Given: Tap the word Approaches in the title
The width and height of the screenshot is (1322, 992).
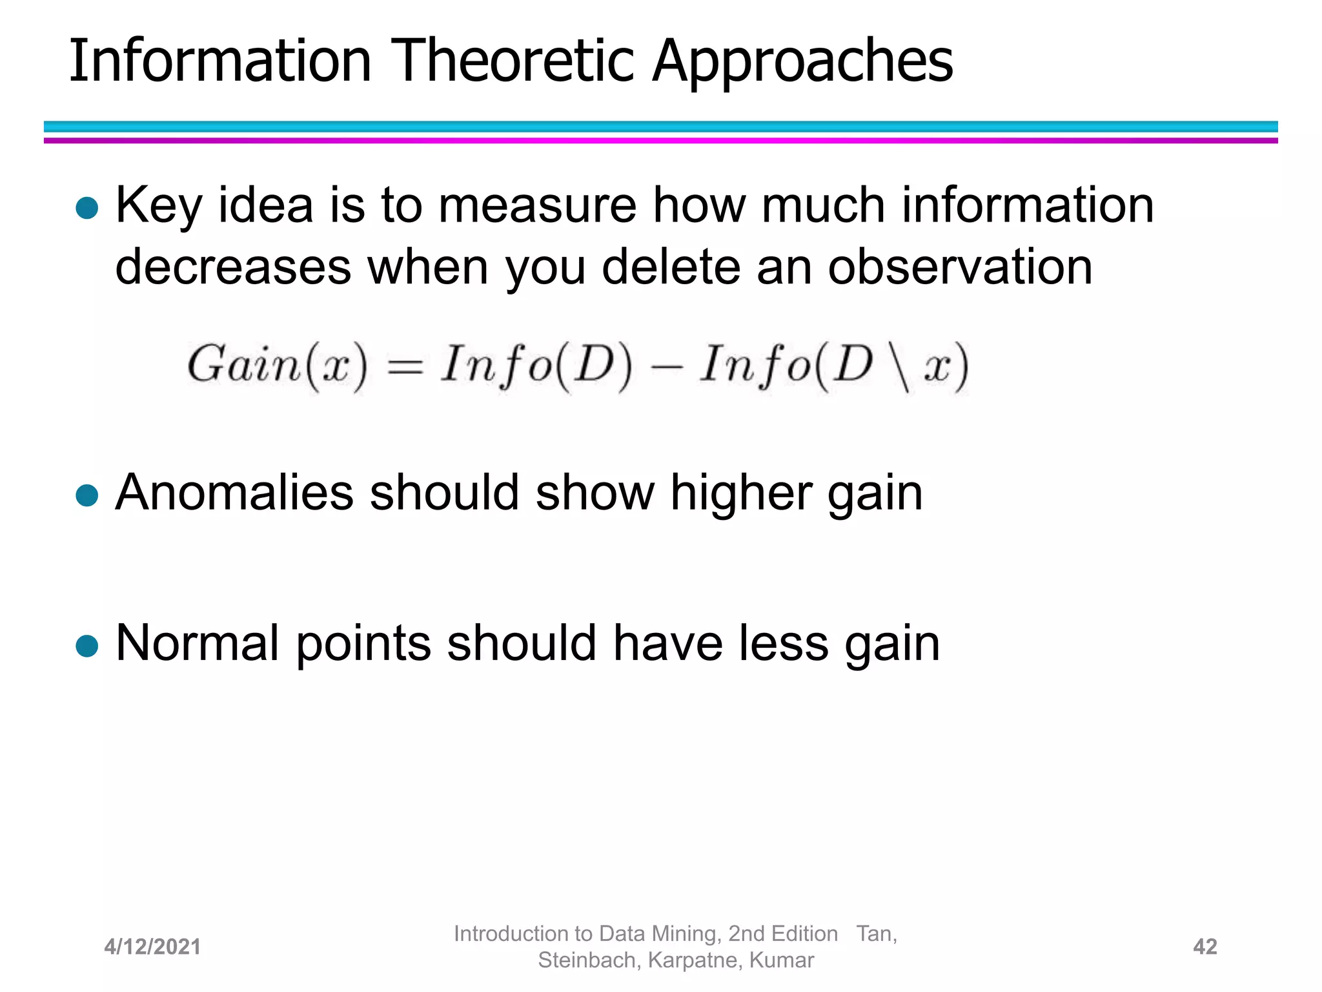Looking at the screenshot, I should tap(802, 61).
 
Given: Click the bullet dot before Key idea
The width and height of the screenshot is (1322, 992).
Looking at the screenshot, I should tap(86, 208).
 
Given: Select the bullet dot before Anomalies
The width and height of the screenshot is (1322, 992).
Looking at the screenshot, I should tap(86, 496).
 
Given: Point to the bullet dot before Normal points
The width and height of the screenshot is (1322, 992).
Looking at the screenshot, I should tap(86, 646).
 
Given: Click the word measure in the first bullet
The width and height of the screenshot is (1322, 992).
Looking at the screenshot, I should tap(537, 205).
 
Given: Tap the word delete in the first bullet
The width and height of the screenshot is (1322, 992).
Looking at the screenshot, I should tap(671, 266).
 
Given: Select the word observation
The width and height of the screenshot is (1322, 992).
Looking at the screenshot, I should tap(960, 266).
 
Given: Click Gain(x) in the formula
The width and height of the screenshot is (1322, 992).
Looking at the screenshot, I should tap(277, 366).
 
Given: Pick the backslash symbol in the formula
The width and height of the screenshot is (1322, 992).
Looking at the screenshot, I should tap(899, 367).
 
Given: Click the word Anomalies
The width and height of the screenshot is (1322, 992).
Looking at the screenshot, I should tap(234, 493).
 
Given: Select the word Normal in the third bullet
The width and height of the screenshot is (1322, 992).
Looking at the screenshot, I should tap(198, 643).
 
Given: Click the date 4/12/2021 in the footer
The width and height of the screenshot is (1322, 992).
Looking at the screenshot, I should tap(152, 947).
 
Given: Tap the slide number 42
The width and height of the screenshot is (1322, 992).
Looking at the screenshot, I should tap(1205, 947).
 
